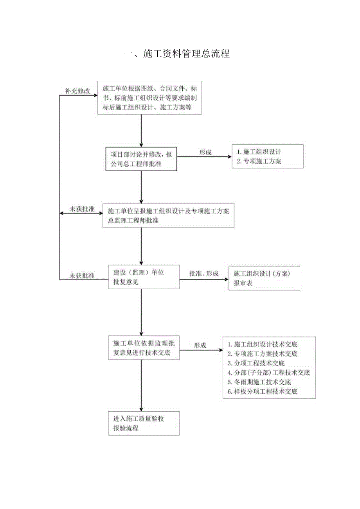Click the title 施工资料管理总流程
(177, 54)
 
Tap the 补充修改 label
(77, 91)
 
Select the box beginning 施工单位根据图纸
(149, 98)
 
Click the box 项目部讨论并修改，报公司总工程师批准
(141, 158)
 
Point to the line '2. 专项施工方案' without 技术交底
(259, 161)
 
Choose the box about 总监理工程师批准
(168, 215)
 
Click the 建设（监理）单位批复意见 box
(144, 277)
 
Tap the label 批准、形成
(204, 273)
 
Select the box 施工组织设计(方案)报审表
(264, 278)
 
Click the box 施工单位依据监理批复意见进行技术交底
(144, 349)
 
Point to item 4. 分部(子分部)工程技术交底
(269, 373)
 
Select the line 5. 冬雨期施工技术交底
(259, 382)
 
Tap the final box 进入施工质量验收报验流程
(144, 423)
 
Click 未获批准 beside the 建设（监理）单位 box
(82, 276)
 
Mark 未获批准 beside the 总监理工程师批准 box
(82, 209)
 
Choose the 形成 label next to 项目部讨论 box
(205, 152)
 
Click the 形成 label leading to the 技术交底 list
(200, 345)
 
